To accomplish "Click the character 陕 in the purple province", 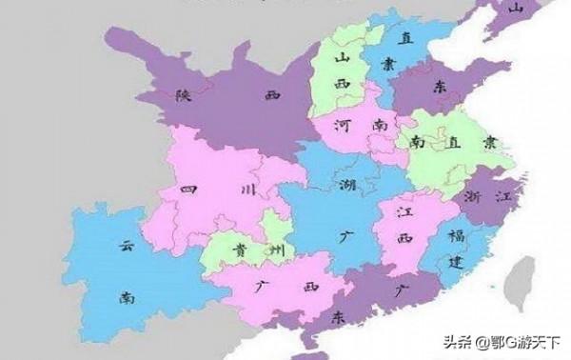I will click(x=183, y=94).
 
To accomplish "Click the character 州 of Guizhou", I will click(x=274, y=250).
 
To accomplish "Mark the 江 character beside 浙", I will click(x=505, y=197).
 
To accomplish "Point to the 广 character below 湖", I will click(x=343, y=231).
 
